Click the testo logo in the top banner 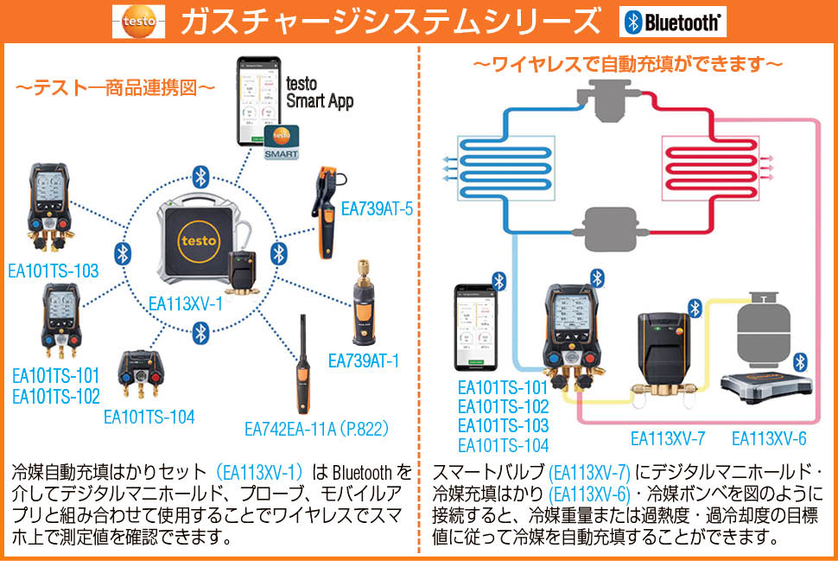click(x=138, y=22)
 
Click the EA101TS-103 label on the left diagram click(x=53, y=271)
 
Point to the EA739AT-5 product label click(x=377, y=208)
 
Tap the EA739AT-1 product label click(x=364, y=360)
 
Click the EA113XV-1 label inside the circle click(x=186, y=303)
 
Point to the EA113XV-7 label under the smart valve click(x=668, y=438)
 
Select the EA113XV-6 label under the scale click(x=769, y=438)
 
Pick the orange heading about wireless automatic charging click(x=628, y=65)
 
